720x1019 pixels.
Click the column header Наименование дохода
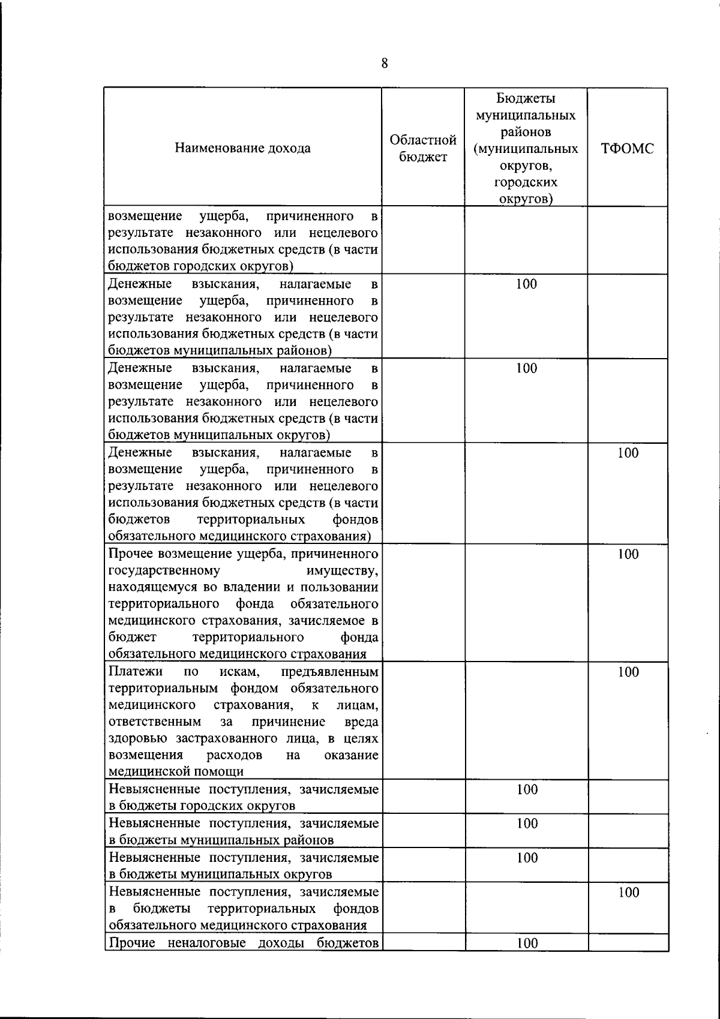[243, 148]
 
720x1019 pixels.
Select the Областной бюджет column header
[424, 148]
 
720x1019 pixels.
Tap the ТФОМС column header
[628, 149]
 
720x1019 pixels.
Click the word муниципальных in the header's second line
[526, 115]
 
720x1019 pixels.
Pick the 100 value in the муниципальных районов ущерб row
[526, 284]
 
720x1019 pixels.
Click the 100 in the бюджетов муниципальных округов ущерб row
[526, 368]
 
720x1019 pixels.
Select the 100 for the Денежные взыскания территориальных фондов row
[628, 453]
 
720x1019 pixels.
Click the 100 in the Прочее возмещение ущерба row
[628, 554]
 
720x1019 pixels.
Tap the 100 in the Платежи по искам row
[628, 672]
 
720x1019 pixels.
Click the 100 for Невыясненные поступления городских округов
[526, 790]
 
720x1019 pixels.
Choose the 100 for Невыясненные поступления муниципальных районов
[526, 823]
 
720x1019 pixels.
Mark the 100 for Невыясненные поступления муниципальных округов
[526, 858]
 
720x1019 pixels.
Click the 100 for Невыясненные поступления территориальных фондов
[628, 892]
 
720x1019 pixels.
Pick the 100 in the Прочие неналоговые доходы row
[526, 943]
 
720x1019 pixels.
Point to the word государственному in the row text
[164, 570]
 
